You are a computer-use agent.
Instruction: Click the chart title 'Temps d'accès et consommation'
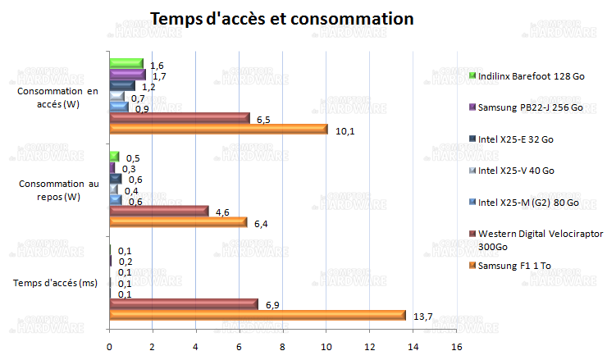(281, 18)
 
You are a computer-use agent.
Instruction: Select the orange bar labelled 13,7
(258, 316)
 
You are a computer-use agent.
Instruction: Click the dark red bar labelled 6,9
(184, 304)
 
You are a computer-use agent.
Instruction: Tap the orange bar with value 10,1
(218, 130)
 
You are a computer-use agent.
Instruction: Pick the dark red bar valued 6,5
(180, 119)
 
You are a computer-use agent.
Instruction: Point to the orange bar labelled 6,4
(178, 222)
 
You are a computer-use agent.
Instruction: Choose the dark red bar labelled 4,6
(159, 212)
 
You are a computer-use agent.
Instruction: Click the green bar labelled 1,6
(126, 64)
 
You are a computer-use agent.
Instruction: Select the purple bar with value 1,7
(127, 75)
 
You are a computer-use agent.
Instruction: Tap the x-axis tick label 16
(457, 344)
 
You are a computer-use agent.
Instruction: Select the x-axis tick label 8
(283, 344)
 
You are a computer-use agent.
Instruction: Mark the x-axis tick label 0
(109, 344)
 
